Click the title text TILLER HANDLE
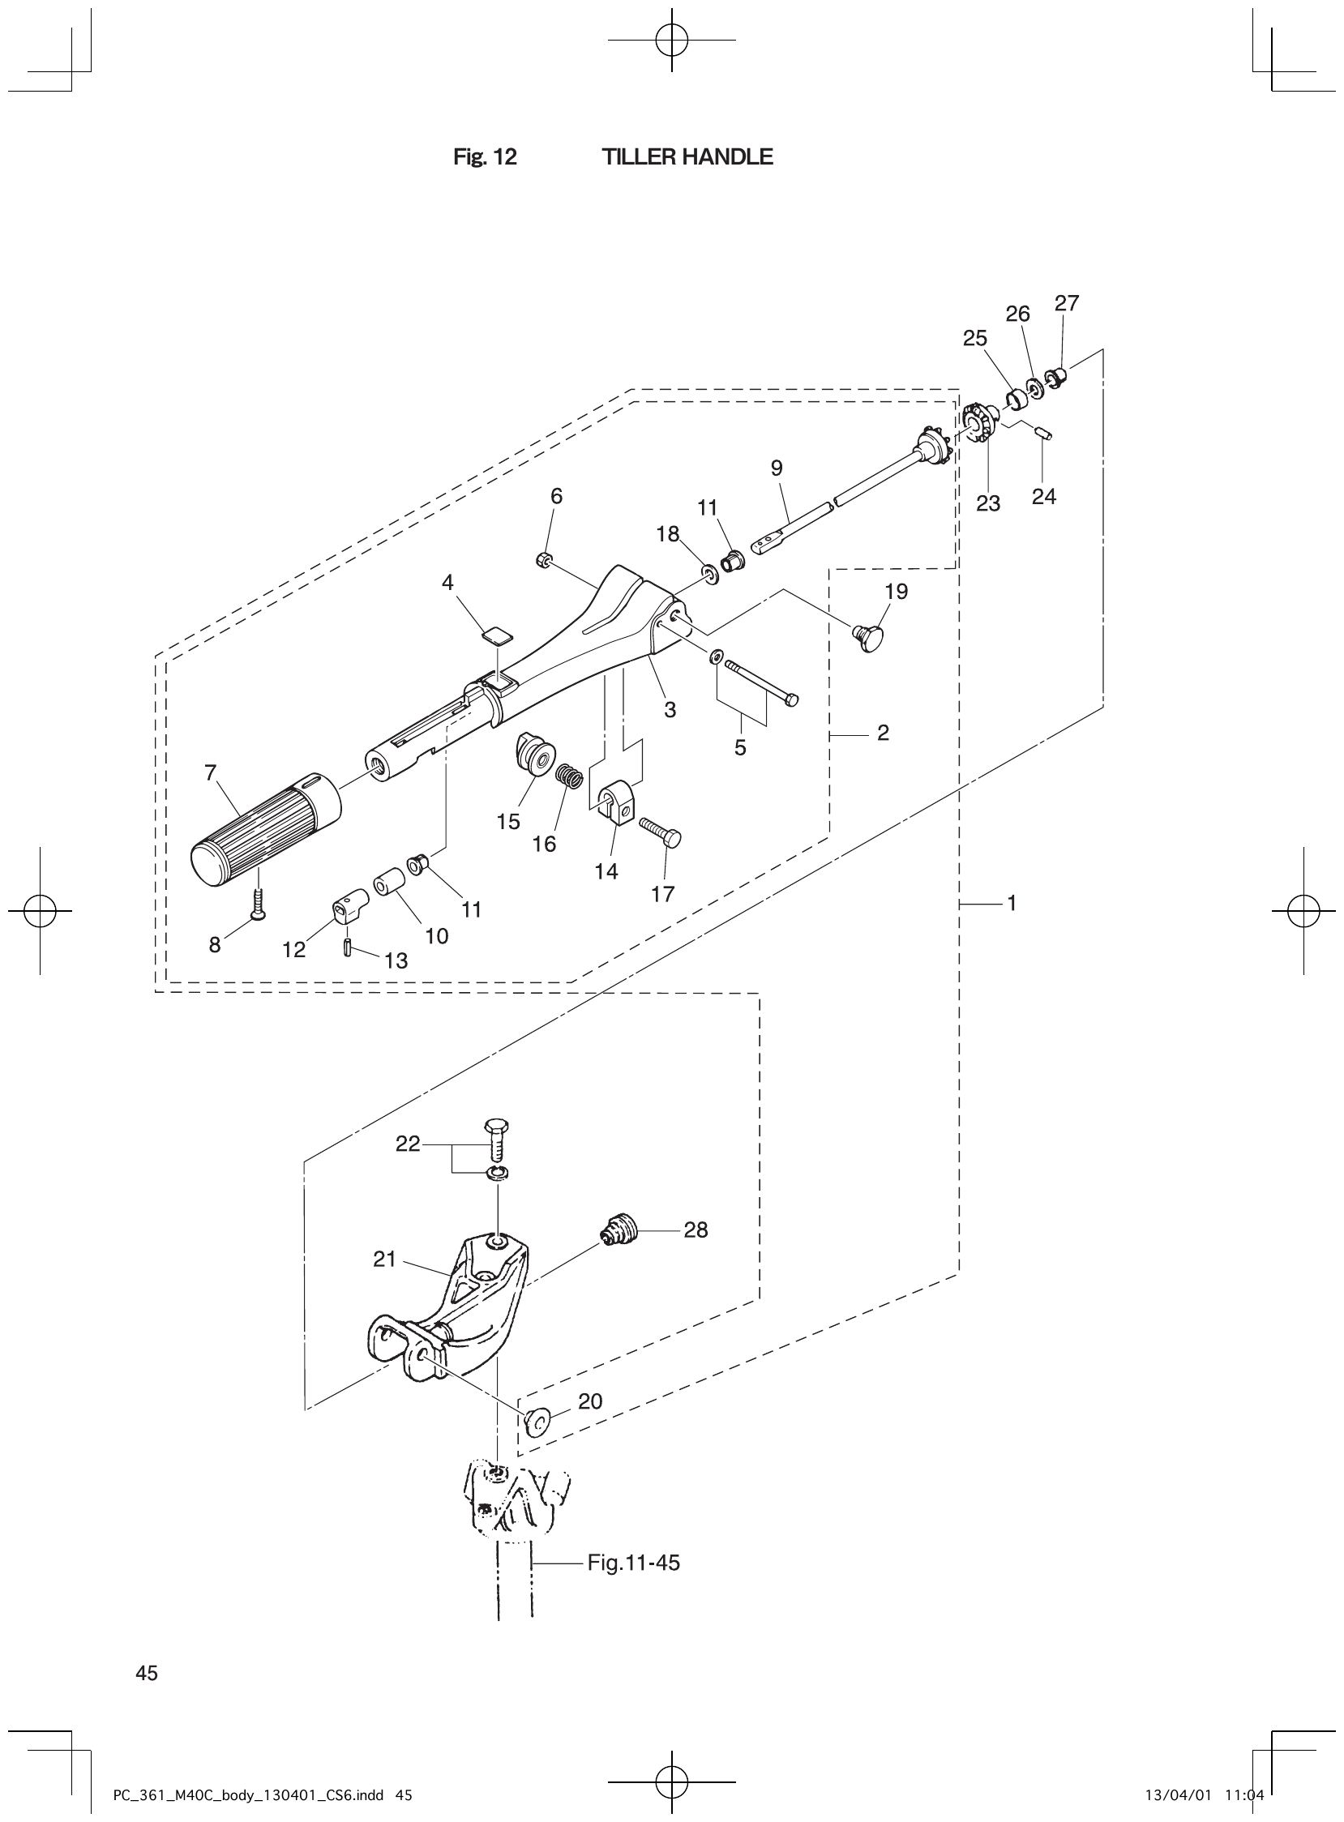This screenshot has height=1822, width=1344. tap(687, 157)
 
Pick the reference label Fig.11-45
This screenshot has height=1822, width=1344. tap(633, 1563)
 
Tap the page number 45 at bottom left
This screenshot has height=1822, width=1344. tap(148, 1673)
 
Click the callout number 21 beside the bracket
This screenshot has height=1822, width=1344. tap(384, 1260)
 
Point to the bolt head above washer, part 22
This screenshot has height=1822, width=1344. tap(495, 1127)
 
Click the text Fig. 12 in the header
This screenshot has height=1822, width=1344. tap(485, 157)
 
